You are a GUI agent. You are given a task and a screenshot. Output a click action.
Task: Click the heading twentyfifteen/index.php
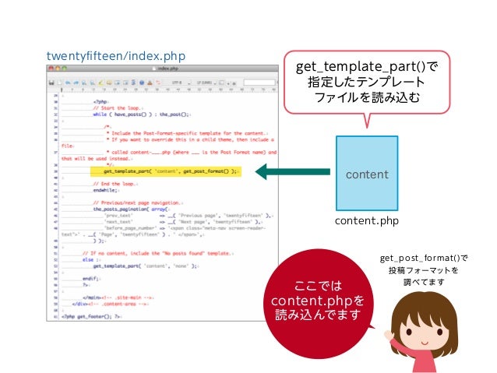(x=115, y=57)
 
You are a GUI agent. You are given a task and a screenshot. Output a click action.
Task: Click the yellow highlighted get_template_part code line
(x=163, y=171)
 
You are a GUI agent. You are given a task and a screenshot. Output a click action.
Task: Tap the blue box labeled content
(x=366, y=172)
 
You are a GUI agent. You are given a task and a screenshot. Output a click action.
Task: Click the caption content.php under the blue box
(x=366, y=221)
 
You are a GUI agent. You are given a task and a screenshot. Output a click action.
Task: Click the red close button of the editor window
(x=51, y=69)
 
